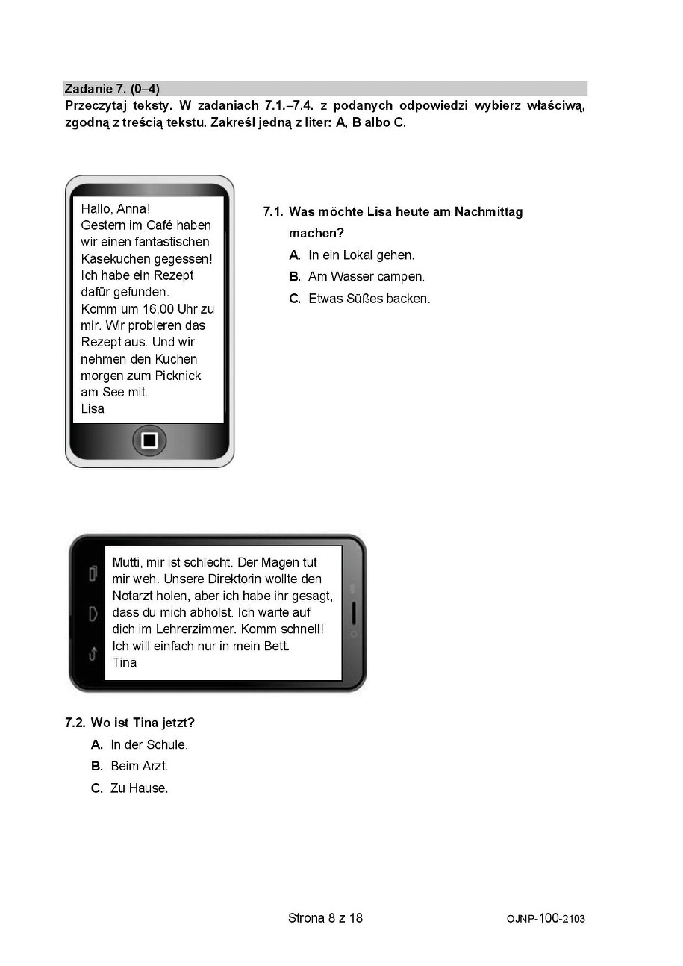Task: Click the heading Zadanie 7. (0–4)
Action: coord(112,89)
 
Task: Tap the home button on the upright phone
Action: coord(149,440)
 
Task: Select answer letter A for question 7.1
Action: coord(295,255)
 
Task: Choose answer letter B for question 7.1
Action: coord(295,277)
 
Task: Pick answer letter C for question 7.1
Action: coord(295,299)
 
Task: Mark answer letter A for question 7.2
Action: coord(97,744)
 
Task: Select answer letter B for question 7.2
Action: coord(97,766)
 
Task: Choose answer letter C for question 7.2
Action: coord(97,788)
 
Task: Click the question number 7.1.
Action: coord(273,212)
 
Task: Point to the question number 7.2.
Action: coord(75,723)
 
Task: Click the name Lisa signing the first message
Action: coord(93,408)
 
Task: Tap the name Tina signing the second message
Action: coord(124,662)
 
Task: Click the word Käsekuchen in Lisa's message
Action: coord(116,259)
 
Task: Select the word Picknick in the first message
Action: coord(178,376)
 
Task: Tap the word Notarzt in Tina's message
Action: coord(132,596)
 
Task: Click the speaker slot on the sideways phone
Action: coord(354,613)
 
